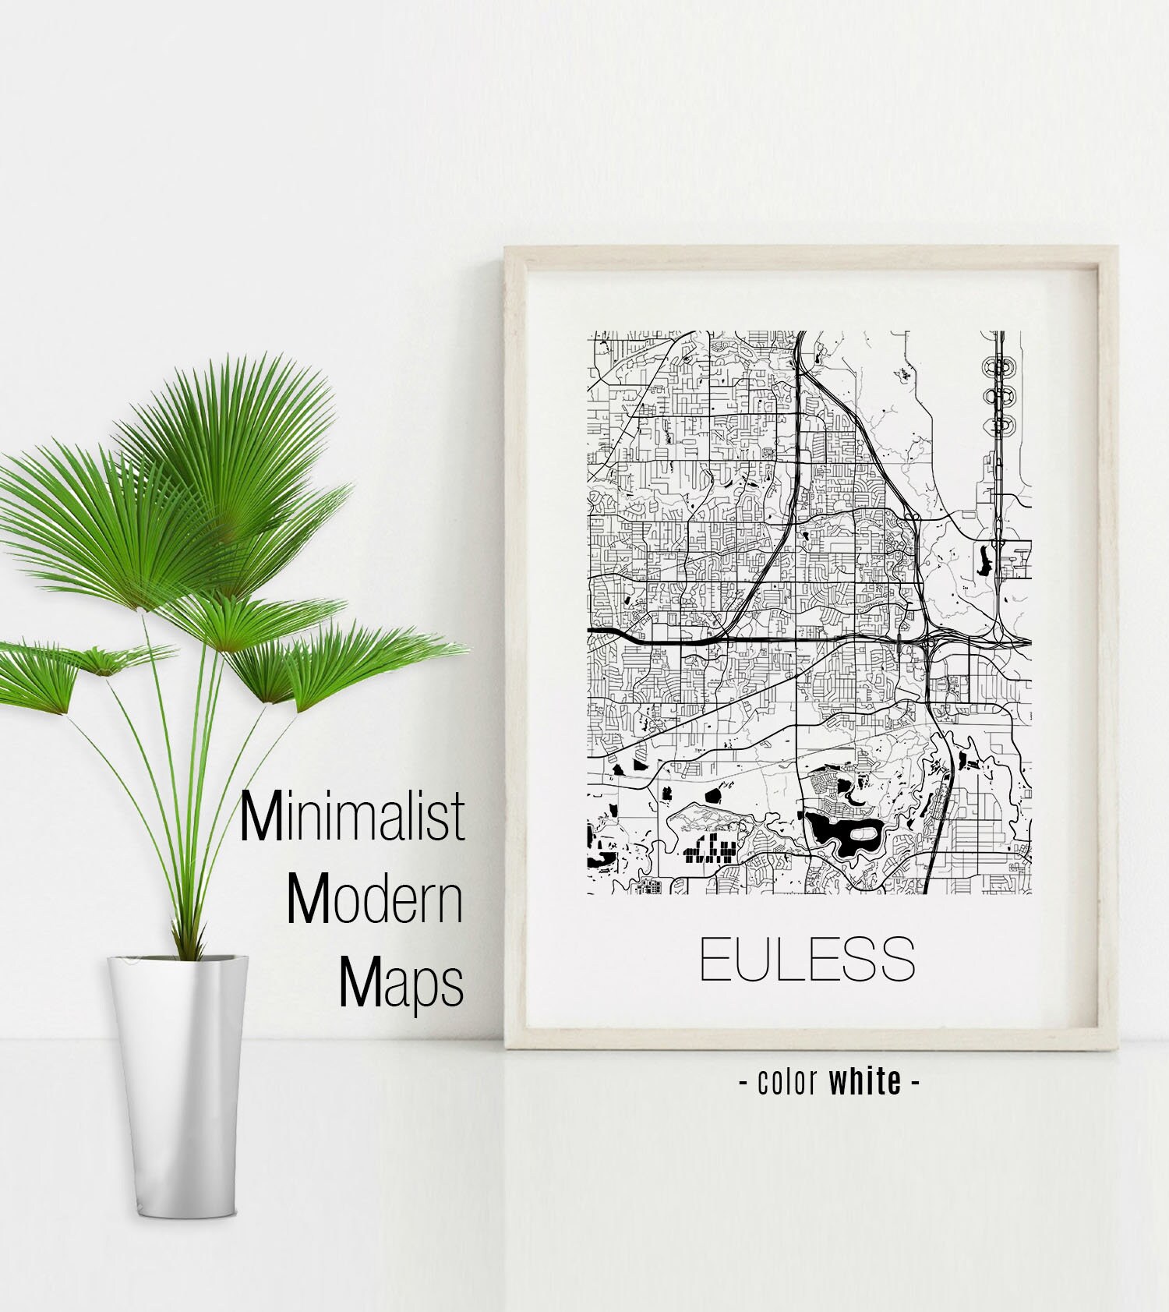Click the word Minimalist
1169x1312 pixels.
pyautogui.click(x=352, y=817)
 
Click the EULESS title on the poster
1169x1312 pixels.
pyautogui.click(x=807, y=960)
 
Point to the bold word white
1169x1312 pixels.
pyautogui.click(x=865, y=1081)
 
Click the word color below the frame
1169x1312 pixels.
pyautogui.click(x=787, y=1082)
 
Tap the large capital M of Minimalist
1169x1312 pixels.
pyautogui.click(x=260, y=817)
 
